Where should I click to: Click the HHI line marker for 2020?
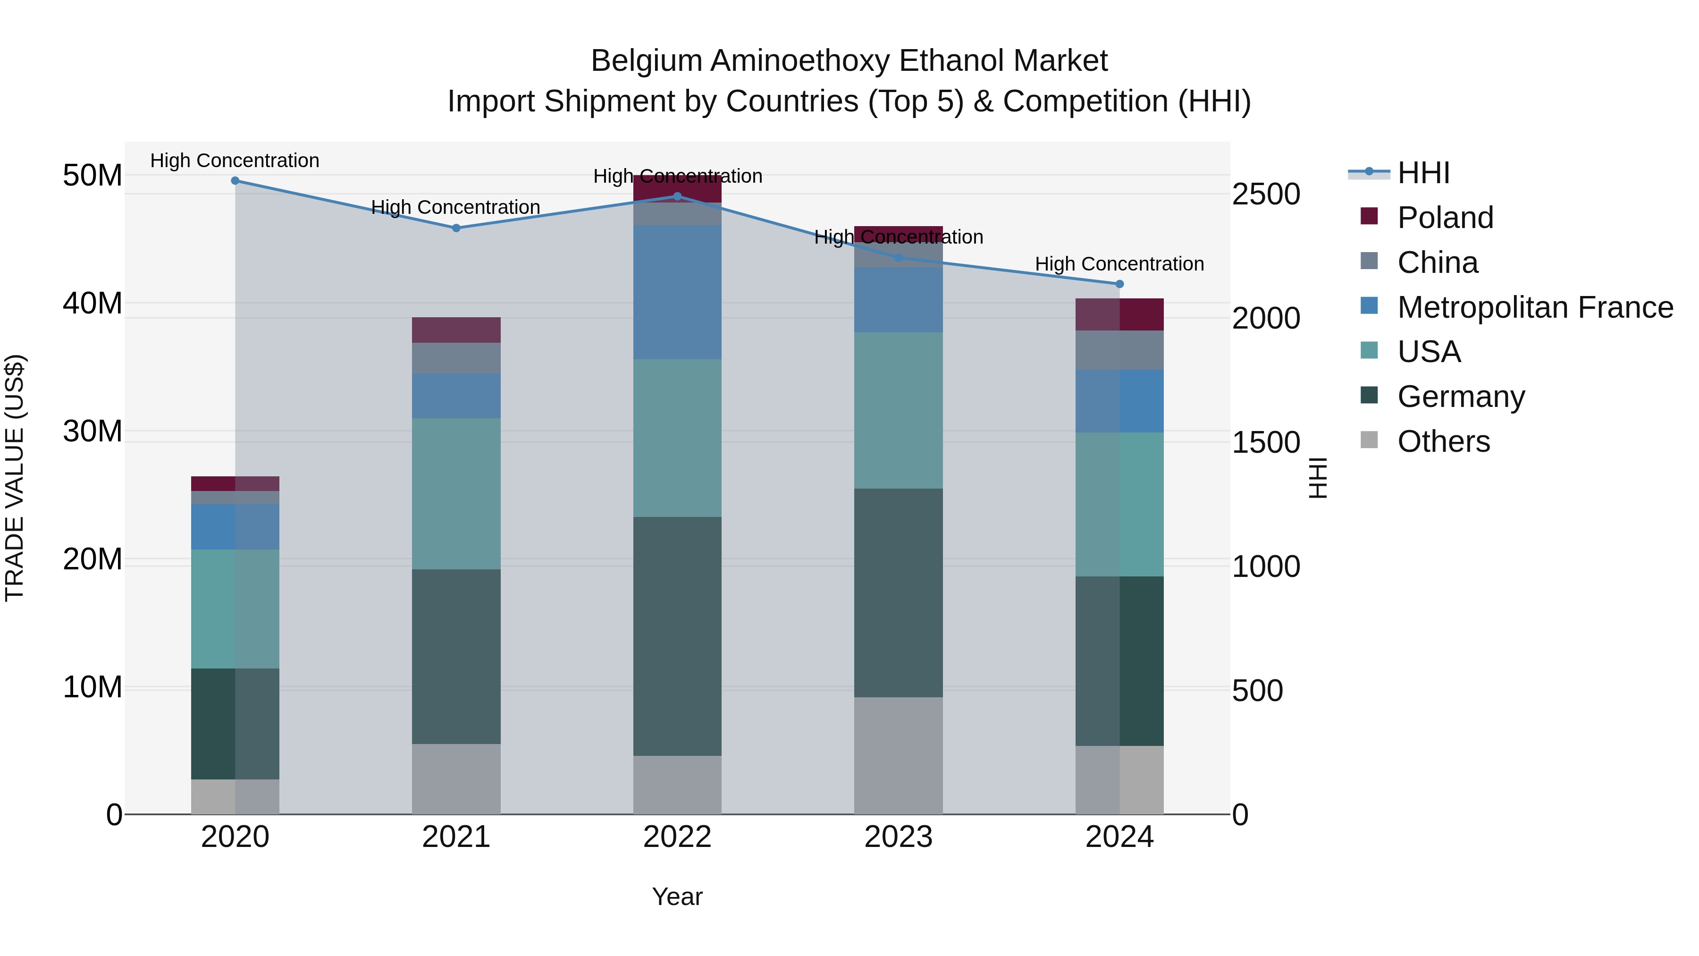(235, 181)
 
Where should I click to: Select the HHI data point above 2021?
(456, 228)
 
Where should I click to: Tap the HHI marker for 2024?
(1119, 284)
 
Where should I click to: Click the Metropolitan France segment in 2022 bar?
(677, 292)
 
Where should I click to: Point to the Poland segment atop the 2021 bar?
(456, 330)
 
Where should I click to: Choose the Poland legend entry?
(1445, 218)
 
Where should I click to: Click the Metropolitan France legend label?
(1535, 307)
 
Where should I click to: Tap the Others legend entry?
(1443, 441)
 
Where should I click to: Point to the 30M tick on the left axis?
(93, 431)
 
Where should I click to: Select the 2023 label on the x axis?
(898, 837)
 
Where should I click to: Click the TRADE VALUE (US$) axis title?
(15, 478)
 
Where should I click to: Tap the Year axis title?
(677, 897)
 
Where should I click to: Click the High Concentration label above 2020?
(235, 161)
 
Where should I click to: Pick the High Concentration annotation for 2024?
(1119, 264)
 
